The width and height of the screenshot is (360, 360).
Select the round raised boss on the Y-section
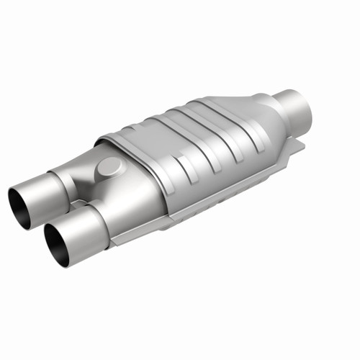[110, 167]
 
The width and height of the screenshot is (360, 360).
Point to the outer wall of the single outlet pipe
[288, 101]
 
